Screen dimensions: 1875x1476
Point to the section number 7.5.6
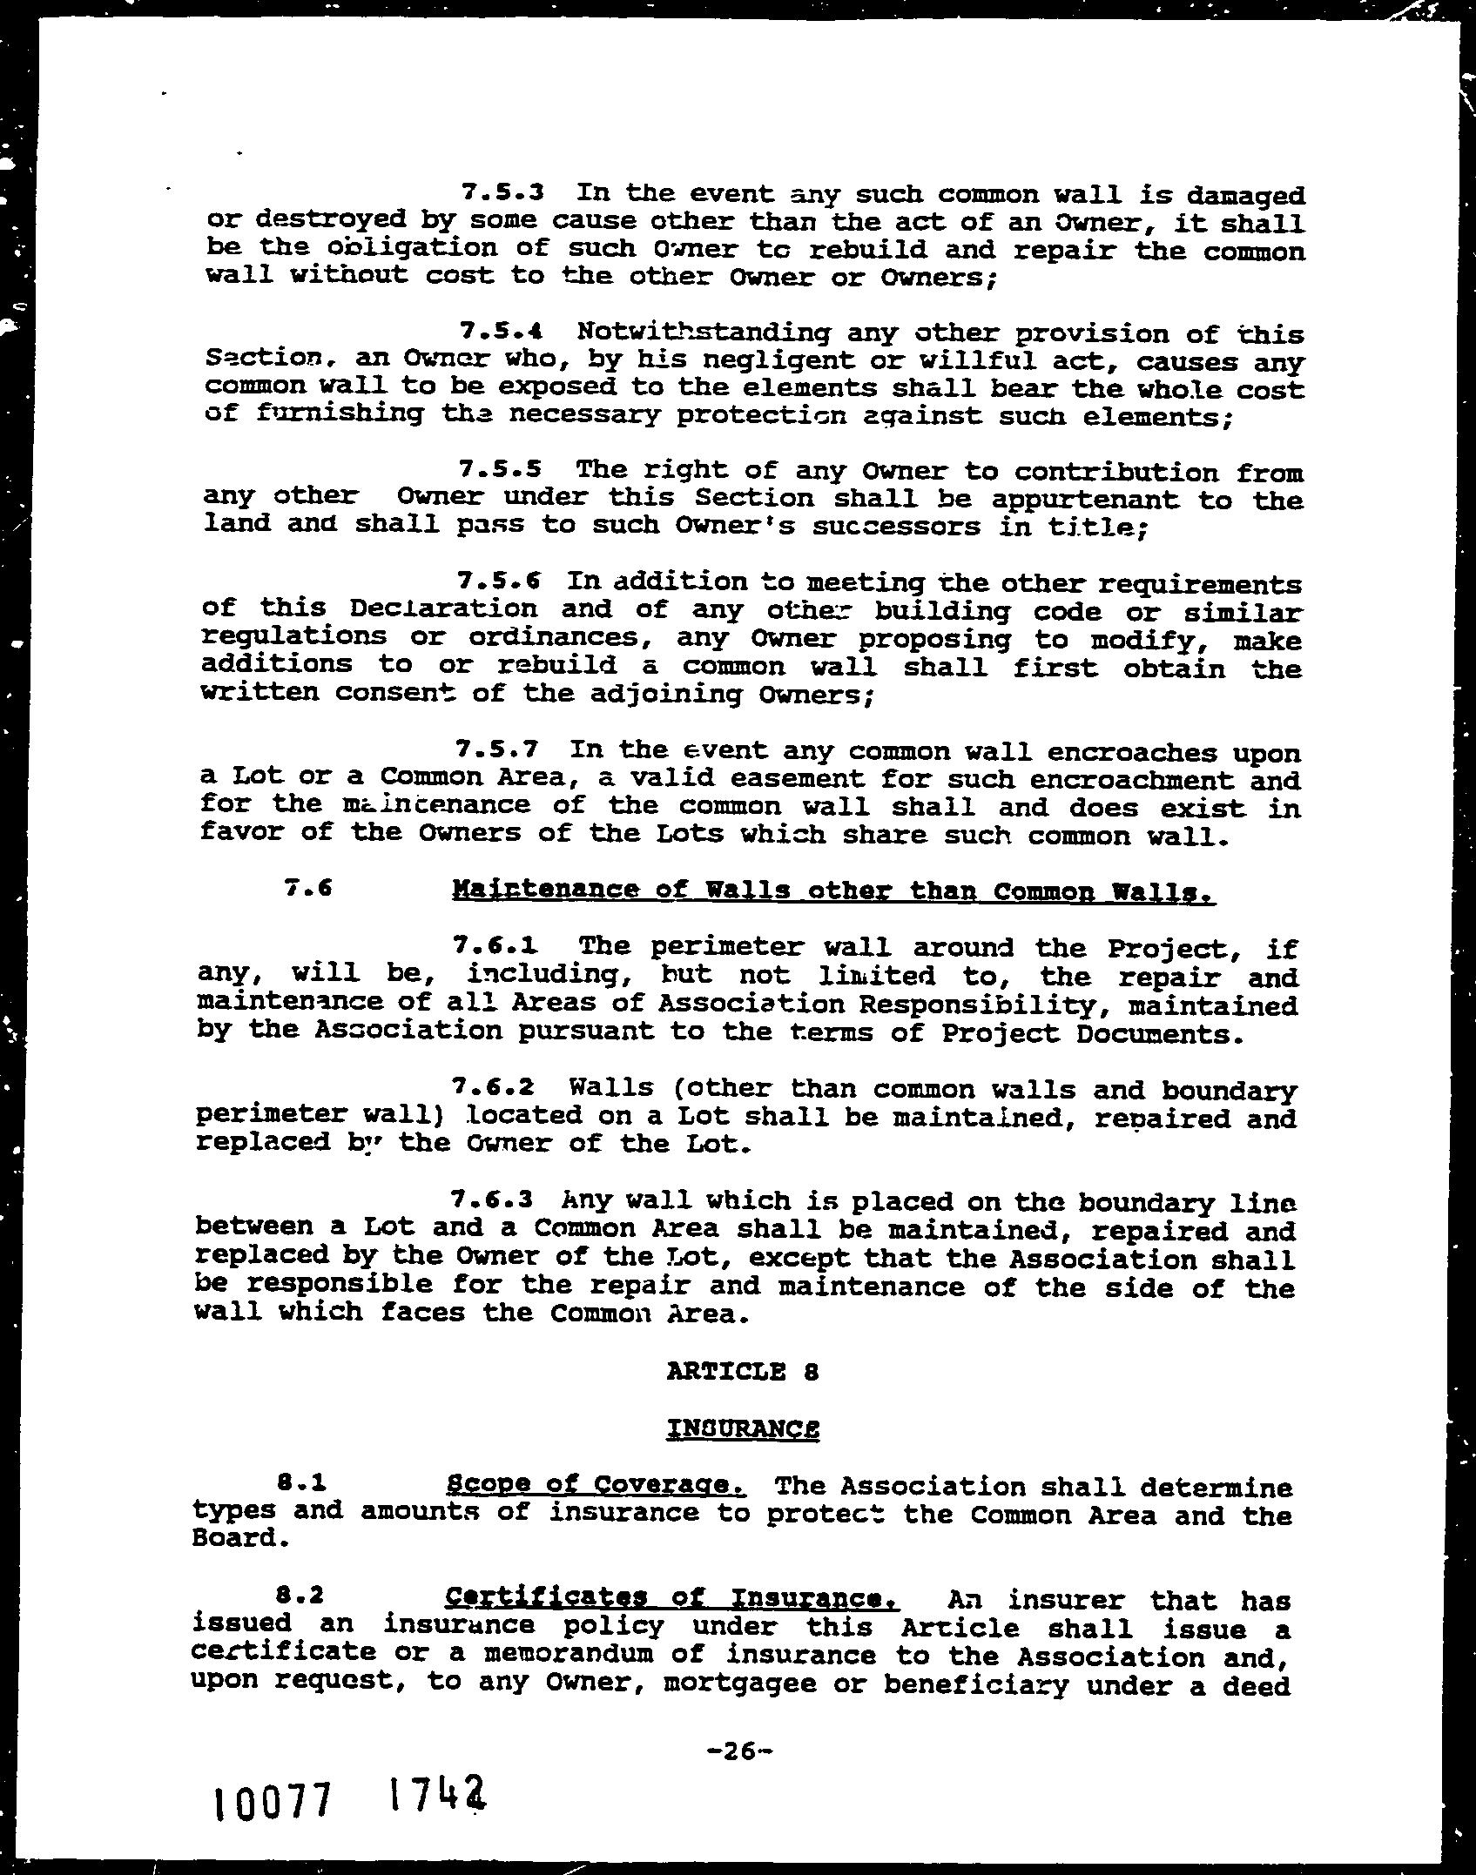499,581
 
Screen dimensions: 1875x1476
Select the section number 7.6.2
494,1086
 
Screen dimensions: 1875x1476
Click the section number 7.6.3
493,1200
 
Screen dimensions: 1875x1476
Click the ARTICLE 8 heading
743,1372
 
